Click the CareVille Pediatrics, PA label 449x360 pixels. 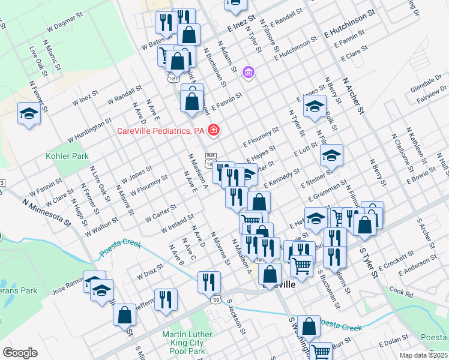160,131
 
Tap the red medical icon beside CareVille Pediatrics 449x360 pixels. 213,130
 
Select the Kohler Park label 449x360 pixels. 67,157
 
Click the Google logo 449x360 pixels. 20,353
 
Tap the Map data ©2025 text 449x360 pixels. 421,355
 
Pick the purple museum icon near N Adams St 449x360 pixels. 249,73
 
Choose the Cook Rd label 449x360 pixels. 401,292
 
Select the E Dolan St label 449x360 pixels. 393,343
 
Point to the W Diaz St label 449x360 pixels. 150,272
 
